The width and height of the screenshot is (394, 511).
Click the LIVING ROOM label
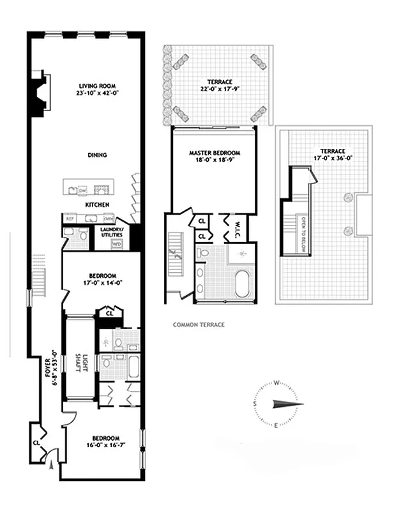point(97,85)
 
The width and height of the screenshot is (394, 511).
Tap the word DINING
point(97,155)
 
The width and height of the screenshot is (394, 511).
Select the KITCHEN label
point(97,204)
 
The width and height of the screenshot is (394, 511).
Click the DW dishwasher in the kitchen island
point(82,190)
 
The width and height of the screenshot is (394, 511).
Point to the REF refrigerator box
point(70,219)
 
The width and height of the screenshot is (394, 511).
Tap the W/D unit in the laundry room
point(116,243)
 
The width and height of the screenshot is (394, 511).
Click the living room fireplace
point(40,94)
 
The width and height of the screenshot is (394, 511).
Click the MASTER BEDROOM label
point(214,153)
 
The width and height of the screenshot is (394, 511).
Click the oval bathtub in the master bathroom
point(244,284)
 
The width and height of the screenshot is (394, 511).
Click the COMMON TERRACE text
point(199,324)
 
